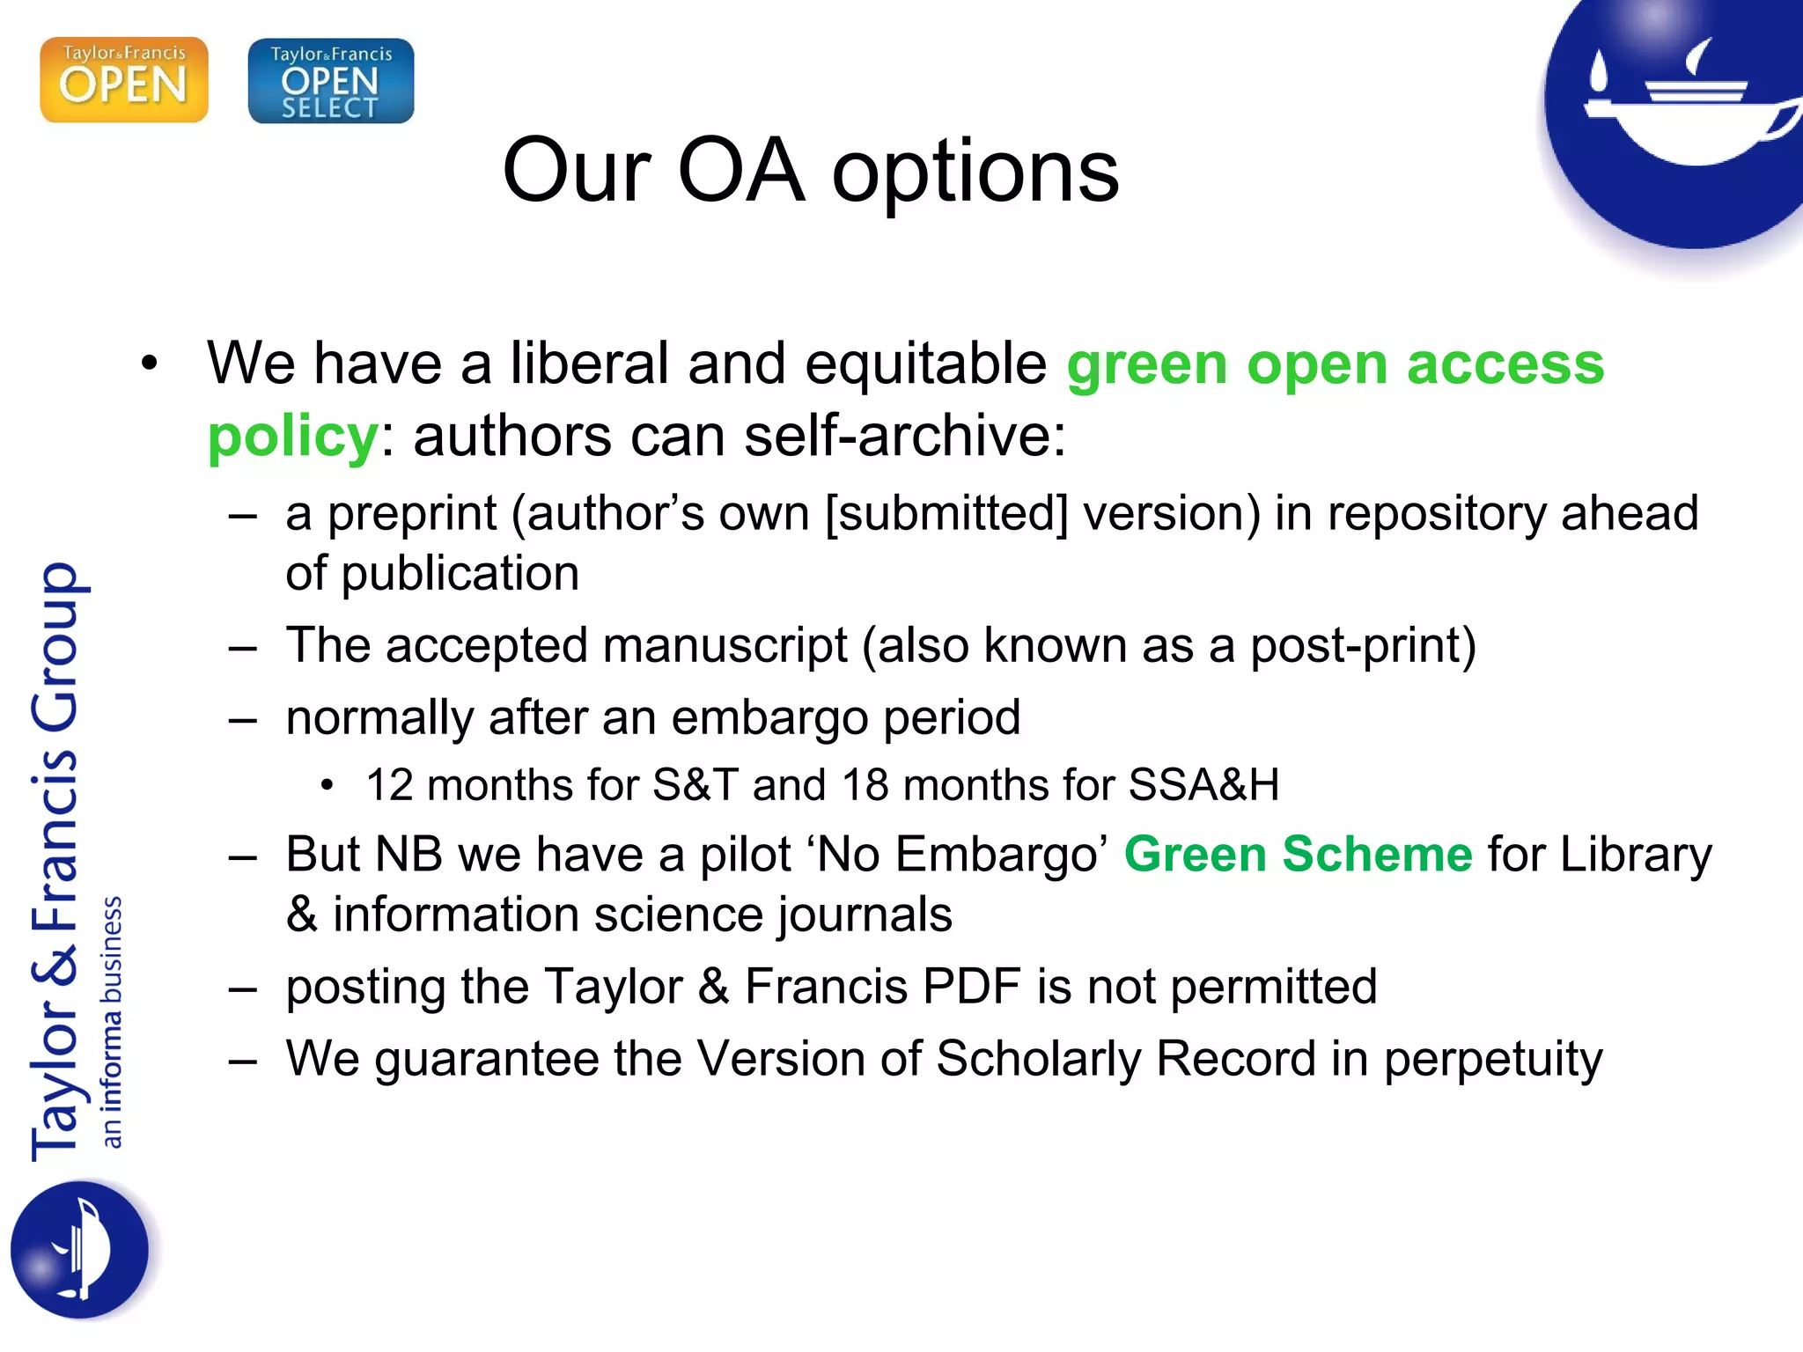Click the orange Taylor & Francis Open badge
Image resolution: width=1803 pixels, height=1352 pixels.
coord(124,79)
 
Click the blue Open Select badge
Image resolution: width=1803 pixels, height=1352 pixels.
coord(331,81)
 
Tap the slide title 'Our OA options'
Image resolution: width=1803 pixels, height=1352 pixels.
coord(810,171)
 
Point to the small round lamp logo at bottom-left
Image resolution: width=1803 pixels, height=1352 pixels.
coord(80,1250)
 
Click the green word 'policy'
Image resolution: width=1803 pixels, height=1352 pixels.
coord(292,437)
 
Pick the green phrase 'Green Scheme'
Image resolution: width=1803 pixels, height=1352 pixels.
coord(1298,855)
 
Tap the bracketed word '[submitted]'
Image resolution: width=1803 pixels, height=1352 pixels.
coord(946,514)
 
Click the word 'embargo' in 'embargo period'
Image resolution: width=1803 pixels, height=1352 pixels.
coord(769,718)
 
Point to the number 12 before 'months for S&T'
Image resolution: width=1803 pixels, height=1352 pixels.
coord(389,785)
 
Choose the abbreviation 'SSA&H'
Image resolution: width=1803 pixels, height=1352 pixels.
coord(1203,785)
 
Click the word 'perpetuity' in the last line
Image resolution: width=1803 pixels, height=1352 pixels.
coord(1493,1060)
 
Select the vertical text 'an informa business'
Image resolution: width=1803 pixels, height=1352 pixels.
coord(111,1021)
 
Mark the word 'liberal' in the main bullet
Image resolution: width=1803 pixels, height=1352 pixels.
coord(590,364)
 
